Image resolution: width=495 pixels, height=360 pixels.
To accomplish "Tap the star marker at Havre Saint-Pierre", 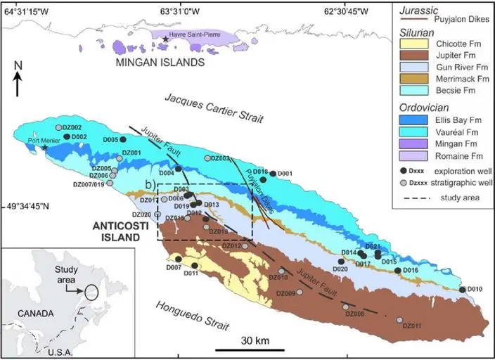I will pyautogui.click(x=166, y=39).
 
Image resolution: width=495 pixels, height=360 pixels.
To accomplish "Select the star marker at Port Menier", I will pyautogui.click(x=46, y=148).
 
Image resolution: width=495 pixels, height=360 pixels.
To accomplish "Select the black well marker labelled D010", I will pyautogui.click(x=462, y=289).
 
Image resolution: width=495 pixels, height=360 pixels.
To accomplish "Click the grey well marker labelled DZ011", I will pyautogui.click(x=399, y=320).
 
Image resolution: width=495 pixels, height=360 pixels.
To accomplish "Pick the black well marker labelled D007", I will pyautogui.click(x=179, y=259).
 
